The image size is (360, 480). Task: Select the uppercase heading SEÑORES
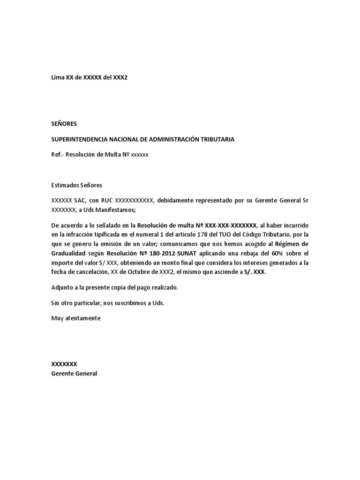(x=64, y=124)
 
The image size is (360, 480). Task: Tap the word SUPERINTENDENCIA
(x=78, y=139)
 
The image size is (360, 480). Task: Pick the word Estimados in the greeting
(x=65, y=185)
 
